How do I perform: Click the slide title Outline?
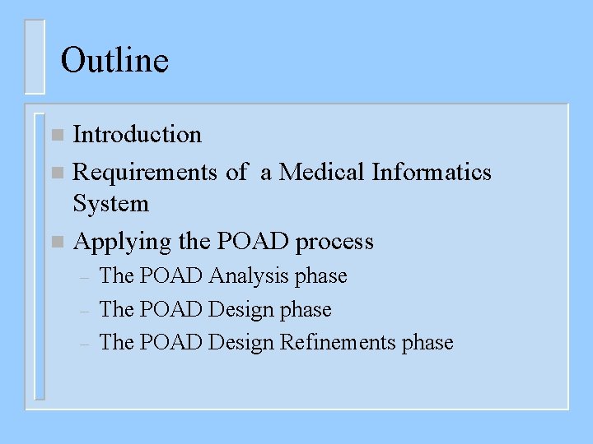tap(114, 60)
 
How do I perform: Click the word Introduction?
tap(137, 134)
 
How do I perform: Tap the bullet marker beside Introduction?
tap(56, 135)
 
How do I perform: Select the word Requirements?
tap(145, 172)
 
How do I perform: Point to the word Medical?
tap(322, 172)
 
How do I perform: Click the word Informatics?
tap(432, 172)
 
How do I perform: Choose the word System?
tap(110, 203)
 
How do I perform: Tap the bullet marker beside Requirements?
tap(56, 173)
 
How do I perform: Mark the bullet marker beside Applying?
tap(56, 243)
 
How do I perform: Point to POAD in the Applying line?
tap(253, 242)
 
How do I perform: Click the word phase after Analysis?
tap(321, 275)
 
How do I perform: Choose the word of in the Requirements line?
tap(236, 172)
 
